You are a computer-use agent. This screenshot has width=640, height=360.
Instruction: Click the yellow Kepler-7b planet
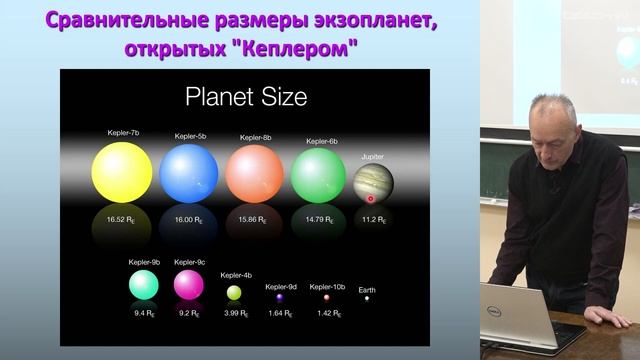tap(122, 172)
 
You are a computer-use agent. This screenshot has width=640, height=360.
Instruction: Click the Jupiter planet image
tap(373, 184)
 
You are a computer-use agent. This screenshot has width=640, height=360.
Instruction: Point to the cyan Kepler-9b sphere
tap(143, 285)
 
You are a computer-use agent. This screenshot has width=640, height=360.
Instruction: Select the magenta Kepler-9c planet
tap(188, 285)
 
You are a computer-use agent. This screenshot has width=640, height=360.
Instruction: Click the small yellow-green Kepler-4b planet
tap(234, 292)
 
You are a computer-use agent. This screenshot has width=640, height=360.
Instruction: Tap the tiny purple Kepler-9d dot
tap(280, 297)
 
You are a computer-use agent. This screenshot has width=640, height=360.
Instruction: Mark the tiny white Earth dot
tap(367, 298)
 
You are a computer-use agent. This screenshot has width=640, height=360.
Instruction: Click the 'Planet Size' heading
tap(246, 98)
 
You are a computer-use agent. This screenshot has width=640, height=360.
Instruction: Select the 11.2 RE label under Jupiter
tap(374, 218)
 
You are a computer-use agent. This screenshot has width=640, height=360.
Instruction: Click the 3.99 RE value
tap(235, 314)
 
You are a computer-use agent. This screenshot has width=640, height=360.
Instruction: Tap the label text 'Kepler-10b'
tap(327, 286)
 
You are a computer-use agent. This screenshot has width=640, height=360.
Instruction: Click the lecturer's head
tap(552, 123)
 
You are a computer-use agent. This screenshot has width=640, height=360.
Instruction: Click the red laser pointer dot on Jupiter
tap(370, 198)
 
